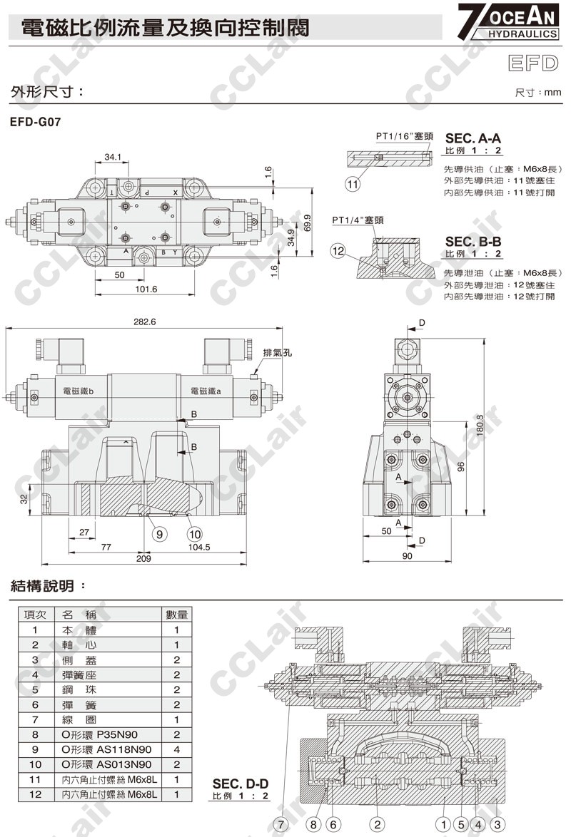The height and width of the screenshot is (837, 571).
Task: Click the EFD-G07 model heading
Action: pos(35,122)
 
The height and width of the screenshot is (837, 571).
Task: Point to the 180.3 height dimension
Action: pos(479,427)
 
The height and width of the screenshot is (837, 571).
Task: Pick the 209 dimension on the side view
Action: pos(145,558)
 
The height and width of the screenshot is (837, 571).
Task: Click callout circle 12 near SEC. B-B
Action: pos(338,250)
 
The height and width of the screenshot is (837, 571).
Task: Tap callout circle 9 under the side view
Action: pos(158,532)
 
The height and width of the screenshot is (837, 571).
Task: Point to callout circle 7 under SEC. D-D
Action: pos(282,824)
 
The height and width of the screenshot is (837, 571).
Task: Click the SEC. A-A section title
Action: pos(473,138)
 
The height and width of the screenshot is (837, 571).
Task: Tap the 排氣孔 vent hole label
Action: pos(278,353)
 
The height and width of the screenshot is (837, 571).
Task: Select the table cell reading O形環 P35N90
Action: pos(106,734)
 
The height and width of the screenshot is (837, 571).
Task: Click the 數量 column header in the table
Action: pos(176,615)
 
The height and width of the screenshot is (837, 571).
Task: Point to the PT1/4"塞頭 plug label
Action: pos(358,220)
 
